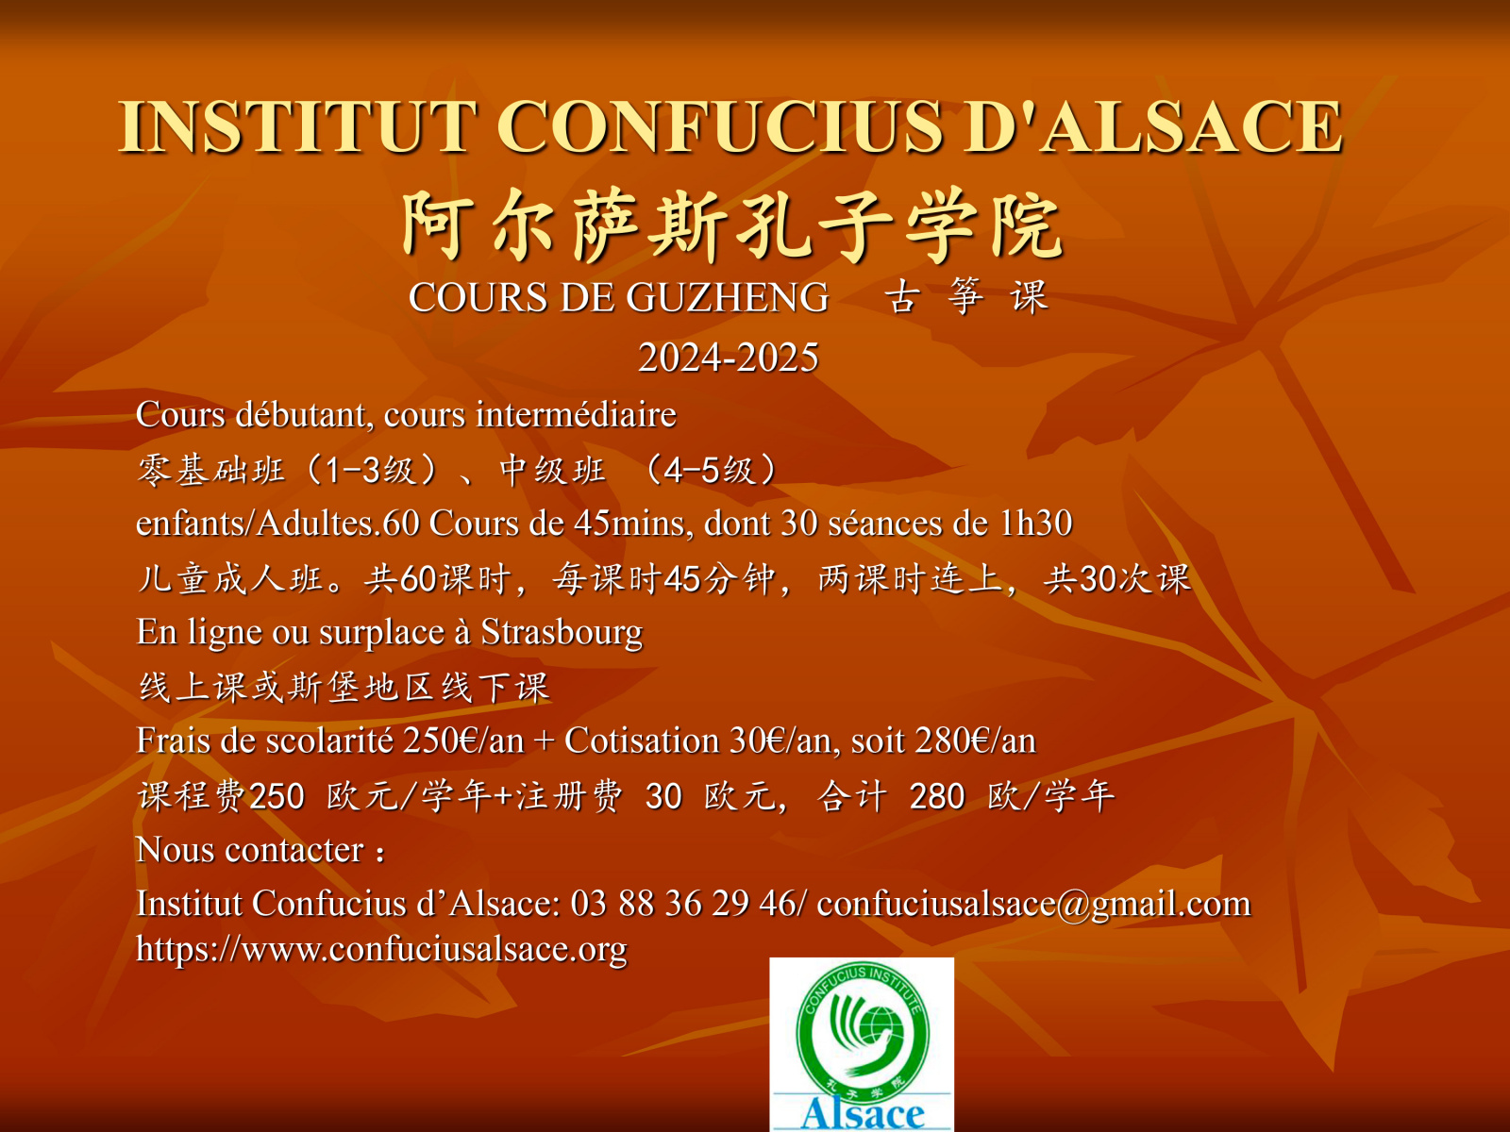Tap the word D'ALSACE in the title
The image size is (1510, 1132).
[1152, 126]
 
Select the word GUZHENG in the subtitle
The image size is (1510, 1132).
[727, 297]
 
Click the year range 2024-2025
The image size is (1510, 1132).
[729, 358]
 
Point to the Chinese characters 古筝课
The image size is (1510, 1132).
[966, 297]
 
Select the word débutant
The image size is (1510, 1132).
[304, 414]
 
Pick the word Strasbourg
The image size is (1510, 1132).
[562, 633]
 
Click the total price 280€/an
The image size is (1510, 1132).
[976, 741]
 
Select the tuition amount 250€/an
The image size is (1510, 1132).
[463, 741]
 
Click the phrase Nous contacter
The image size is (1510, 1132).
[250, 850]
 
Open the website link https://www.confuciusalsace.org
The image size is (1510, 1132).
[382, 950]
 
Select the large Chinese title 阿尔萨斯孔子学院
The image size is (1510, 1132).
[732, 225]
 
